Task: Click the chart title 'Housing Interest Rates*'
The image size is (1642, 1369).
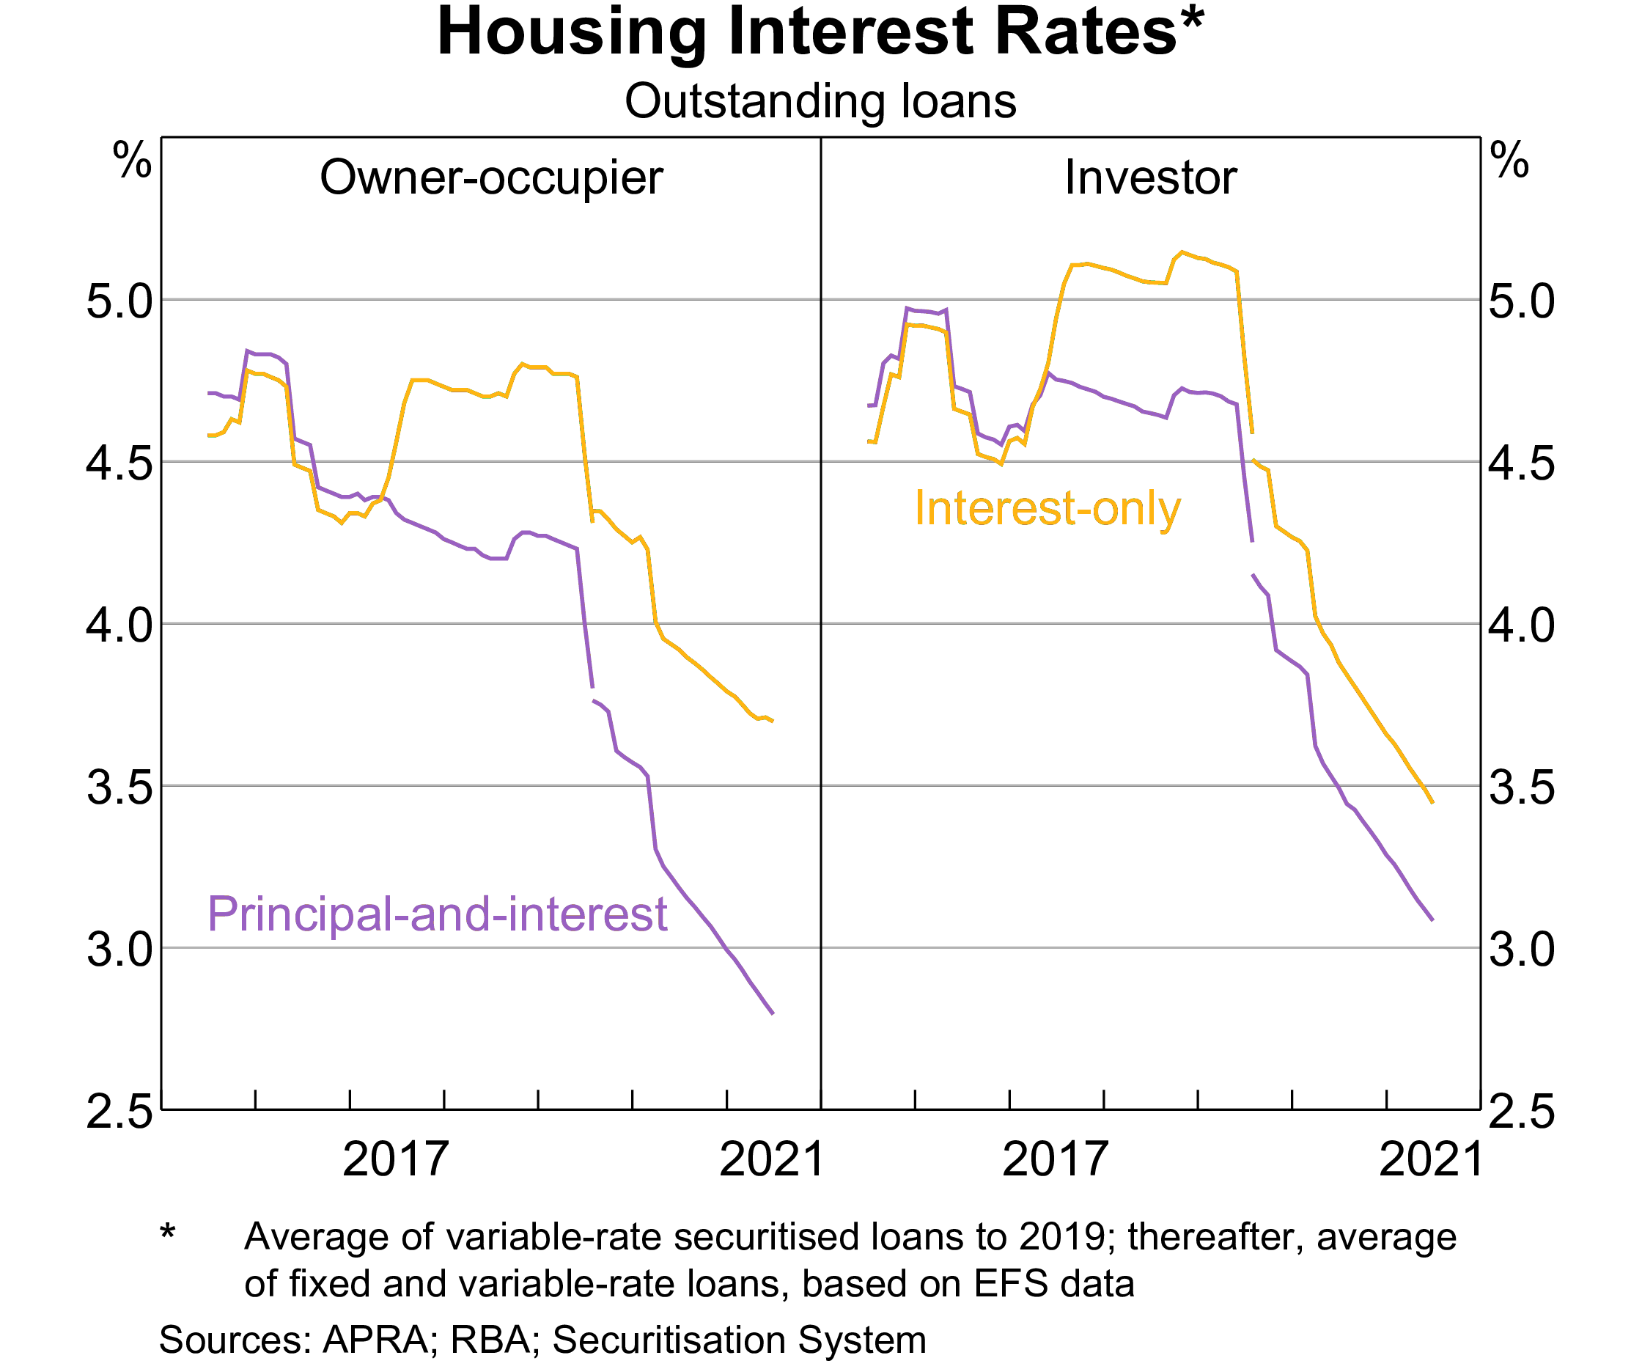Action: coord(820,33)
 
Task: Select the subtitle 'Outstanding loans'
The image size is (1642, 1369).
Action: coord(820,102)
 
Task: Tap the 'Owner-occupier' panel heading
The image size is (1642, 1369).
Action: coord(491,177)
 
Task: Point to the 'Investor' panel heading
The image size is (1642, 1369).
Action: coord(1150,177)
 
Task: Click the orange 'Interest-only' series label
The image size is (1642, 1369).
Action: coord(1047,508)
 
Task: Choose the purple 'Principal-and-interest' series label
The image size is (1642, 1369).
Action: coord(437,914)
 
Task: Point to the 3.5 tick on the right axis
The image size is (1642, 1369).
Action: coord(1521,788)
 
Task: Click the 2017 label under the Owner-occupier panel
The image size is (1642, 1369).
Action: coord(396,1159)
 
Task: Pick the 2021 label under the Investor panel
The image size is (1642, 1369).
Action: coord(1430,1159)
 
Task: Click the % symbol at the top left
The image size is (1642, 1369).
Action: coord(132,161)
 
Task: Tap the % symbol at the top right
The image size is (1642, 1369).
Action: coord(1509,161)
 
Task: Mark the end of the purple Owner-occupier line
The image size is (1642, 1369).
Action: coord(773,1013)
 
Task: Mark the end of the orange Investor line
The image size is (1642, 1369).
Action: coord(1432,802)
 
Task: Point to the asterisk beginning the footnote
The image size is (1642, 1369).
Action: coord(167,1233)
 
